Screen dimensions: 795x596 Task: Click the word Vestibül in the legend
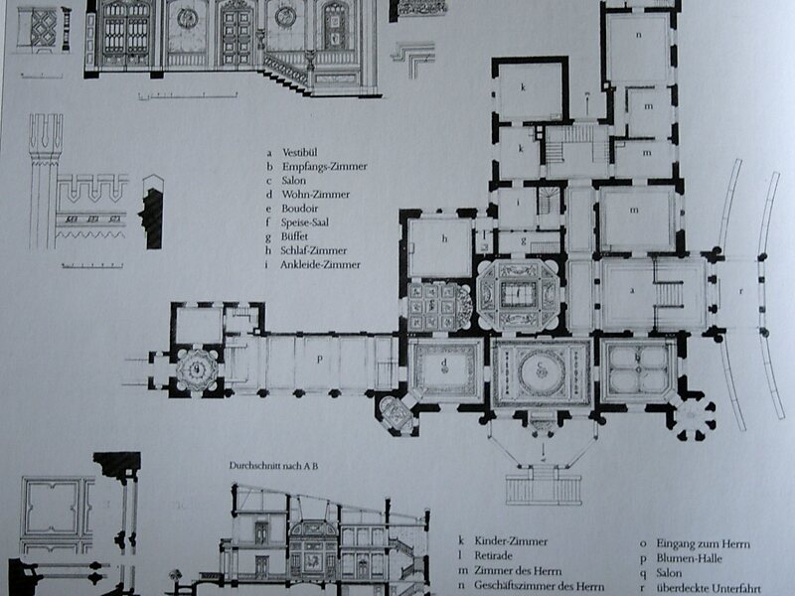click(300, 153)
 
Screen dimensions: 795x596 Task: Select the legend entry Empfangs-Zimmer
click(325, 166)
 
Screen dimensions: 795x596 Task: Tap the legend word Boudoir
click(300, 209)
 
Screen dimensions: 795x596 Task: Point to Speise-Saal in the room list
click(305, 223)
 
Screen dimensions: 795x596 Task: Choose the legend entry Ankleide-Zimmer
click(320, 264)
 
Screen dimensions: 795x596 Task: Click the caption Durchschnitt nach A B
click(273, 466)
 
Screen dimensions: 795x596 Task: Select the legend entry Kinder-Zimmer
click(511, 541)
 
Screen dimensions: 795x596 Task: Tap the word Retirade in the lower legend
click(493, 556)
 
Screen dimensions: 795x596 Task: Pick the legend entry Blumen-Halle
click(689, 558)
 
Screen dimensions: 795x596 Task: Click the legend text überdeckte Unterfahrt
click(709, 588)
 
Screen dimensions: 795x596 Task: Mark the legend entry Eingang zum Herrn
click(703, 543)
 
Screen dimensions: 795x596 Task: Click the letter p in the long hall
click(319, 360)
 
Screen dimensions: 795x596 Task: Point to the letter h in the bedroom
click(444, 238)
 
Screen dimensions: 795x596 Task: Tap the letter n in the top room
click(638, 35)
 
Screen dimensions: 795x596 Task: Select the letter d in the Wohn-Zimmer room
click(444, 362)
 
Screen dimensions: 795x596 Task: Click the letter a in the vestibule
click(632, 290)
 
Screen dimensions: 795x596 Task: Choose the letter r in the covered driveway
click(741, 291)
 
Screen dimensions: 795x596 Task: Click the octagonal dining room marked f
click(518, 294)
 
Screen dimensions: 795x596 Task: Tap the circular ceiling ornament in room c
click(542, 372)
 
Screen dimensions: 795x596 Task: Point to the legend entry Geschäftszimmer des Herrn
click(539, 586)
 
